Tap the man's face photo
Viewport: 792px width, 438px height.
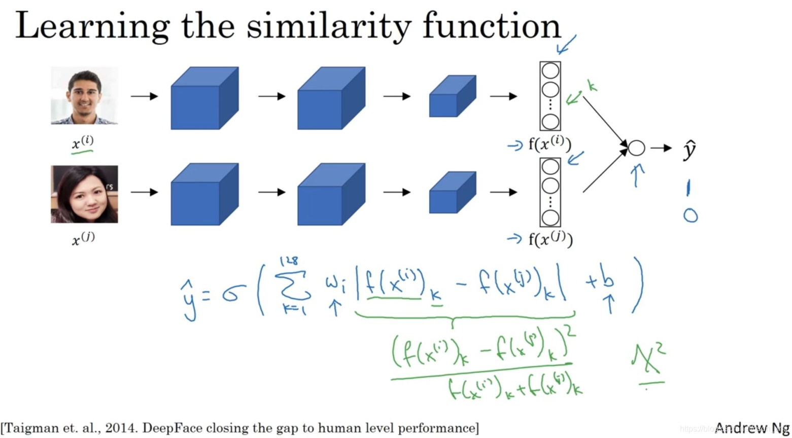coord(84,95)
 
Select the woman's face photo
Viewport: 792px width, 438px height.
coord(84,194)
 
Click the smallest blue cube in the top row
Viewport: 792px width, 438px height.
coord(452,96)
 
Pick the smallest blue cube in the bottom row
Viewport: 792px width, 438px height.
coord(452,193)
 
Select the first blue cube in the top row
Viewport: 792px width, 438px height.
coord(204,98)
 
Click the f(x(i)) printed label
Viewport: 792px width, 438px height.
coord(550,144)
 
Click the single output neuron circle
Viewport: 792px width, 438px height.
coord(636,148)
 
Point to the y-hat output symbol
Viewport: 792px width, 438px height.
coord(689,150)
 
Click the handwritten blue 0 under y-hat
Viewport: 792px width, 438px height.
coord(690,216)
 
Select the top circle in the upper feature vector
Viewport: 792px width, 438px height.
coord(550,70)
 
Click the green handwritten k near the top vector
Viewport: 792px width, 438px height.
coord(592,86)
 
